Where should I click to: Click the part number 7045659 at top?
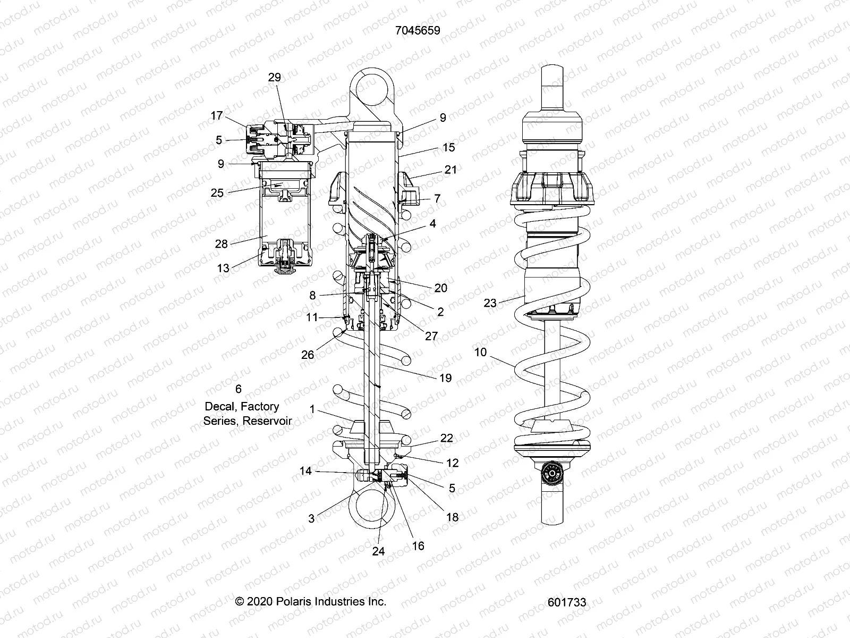[x=418, y=30]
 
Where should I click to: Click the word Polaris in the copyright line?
[x=296, y=601]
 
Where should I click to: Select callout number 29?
[x=274, y=78]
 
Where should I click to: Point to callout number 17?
[x=216, y=116]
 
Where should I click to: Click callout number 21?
[x=450, y=170]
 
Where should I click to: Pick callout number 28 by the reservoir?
[x=221, y=244]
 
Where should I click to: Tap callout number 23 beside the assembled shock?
[x=490, y=303]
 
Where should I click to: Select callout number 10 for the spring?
[x=480, y=352]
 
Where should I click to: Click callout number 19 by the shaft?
[x=445, y=377]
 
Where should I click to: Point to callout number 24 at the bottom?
[x=378, y=551]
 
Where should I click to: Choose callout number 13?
[x=223, y=268]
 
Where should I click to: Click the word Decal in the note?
[x=219, y=407]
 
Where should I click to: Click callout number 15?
[x=448, y=147]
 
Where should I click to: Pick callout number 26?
[x=308, y=355]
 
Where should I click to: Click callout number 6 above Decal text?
[x=238, y=390]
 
